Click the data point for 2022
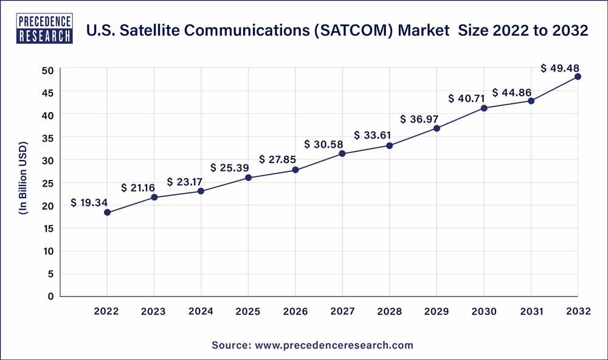coord(107,212)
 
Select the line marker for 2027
coord(342,153)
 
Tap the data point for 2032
coord(578,77)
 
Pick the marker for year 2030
coord(483,108)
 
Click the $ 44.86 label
coord(512,92)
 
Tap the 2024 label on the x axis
coord(201,311)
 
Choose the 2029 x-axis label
coord(437,311)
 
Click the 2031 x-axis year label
coord(531,311)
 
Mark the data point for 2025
coord(248,178)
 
